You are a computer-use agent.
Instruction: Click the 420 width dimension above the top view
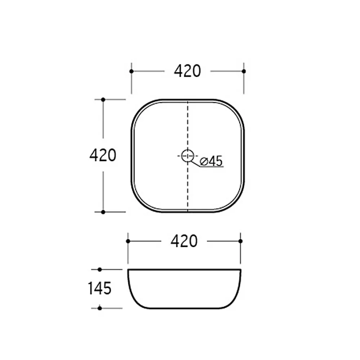click(x=187, y=71)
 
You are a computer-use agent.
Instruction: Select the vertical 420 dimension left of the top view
click(x=103, y=156)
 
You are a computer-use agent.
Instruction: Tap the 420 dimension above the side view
click(x=184, y=241)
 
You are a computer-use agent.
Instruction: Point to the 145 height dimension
click(x=100, y=288)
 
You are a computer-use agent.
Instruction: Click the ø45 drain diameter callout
click(x=211, y=161)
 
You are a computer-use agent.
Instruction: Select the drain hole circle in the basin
click(x=188, y=156)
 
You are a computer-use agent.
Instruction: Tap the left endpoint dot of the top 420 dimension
click(x=131, y=71)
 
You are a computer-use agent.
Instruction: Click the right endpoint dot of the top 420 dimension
click(x=244, y=71)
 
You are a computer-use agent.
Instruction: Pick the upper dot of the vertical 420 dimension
click(x=103, y=100)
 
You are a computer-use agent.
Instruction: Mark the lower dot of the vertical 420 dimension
click(x=103, y=212)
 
